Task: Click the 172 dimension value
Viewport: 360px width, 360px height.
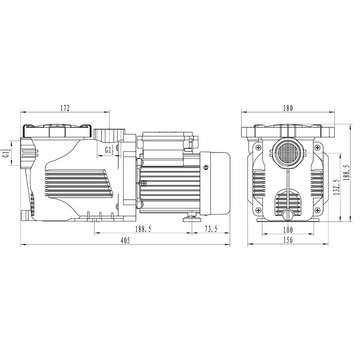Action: tap(65, 108)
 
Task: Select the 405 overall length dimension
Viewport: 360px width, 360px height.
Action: tap(126, 240)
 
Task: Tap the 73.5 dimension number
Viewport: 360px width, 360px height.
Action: tap(211, 229)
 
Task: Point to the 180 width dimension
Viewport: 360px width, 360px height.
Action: tap(288, 108)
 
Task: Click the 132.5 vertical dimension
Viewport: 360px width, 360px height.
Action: tap(337, 187)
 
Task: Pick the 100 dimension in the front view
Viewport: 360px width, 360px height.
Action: tap(288, 229)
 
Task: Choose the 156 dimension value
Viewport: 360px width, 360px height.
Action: tap(288, 240)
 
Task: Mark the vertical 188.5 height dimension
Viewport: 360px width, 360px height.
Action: tap(346, 173)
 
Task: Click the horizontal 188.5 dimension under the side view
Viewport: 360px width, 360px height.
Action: tap(143, 229)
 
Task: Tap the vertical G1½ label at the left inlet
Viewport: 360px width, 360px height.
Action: tap(6, 153)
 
